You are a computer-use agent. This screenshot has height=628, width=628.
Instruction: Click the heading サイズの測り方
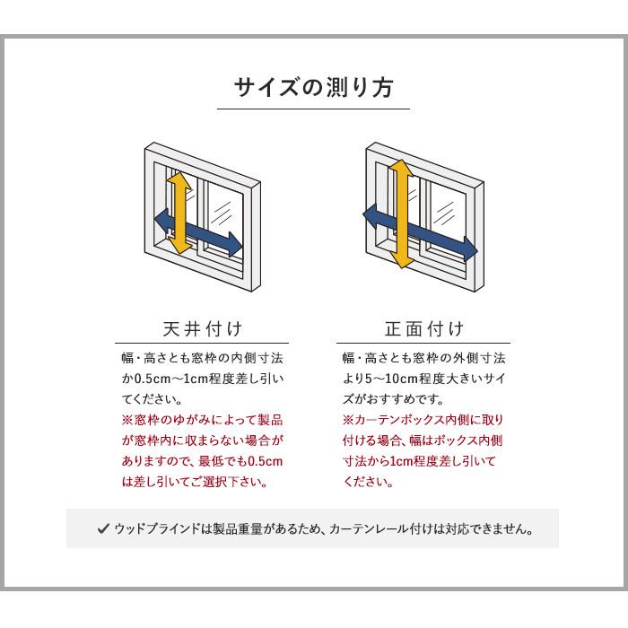[313, 89]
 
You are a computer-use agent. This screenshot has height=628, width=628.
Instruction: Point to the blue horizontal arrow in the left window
[199, 231]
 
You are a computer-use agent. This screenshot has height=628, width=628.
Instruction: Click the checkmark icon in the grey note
[104, 528]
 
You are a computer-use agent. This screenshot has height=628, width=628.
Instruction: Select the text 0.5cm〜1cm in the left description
[175, 378]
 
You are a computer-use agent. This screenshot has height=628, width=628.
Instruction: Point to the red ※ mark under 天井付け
[126, 420]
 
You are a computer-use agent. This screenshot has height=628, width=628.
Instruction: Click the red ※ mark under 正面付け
[347, 420]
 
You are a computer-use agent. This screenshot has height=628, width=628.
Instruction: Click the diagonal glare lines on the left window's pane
[225, 212]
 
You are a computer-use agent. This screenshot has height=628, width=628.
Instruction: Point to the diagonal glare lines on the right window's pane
[446, 213]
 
